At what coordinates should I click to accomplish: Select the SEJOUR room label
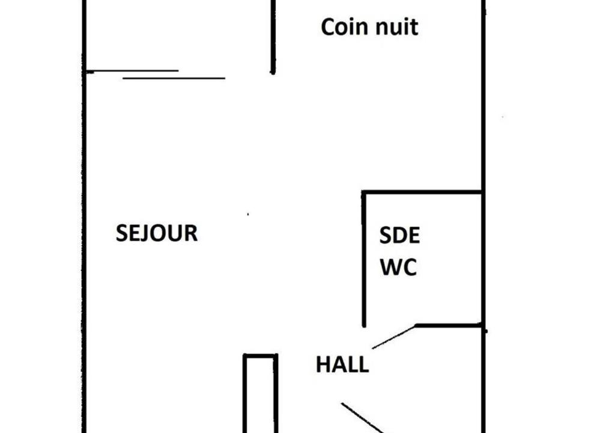point(157,233)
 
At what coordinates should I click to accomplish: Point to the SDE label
point(399,235)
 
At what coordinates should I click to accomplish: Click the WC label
point(399,267)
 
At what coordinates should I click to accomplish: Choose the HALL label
point(342,364)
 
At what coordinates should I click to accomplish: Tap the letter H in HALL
point(323,364)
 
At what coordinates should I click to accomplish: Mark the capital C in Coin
point(328,27)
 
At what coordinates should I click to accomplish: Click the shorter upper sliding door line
point(133,71)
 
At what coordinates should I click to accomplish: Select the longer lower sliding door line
point(174,78)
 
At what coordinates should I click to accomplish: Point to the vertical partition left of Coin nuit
point(273,37)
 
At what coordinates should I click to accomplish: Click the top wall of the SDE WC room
point(422,192)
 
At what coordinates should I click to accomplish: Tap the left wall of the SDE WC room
point(364,259)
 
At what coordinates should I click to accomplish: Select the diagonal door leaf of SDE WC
point(393,337)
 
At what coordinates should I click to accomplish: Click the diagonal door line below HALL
point(363,418)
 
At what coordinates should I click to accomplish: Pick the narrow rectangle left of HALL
point(261,393)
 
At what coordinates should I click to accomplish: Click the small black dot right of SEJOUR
point(248,214)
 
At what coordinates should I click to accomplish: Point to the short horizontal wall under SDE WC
point(449,325)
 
